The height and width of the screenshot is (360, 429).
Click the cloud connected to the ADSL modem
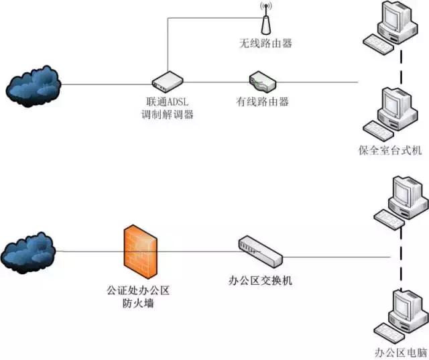pyautogui.click(x=34, y=84)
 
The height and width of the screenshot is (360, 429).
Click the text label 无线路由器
pyautogui.click(x=266, y=44)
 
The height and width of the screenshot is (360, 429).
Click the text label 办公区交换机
pyautogui.click(x=261, y=280)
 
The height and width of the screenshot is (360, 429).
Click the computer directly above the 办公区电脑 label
pyautogui.click(x=401, y=312)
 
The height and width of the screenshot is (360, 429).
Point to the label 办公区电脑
pyautogui.click(x=402, y=353)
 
